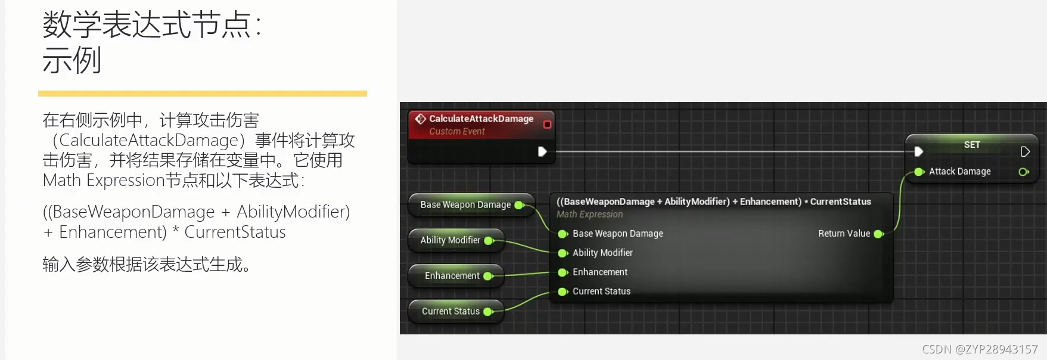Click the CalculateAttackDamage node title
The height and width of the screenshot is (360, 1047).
481,119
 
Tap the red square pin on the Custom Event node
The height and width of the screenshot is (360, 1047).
547,125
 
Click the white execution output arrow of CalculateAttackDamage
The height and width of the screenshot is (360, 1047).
542,151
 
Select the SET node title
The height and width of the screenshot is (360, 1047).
971,145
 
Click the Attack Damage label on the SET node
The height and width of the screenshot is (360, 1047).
959,172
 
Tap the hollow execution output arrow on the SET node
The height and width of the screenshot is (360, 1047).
1025,151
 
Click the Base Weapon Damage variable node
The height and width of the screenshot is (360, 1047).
465,205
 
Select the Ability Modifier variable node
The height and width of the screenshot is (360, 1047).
451,240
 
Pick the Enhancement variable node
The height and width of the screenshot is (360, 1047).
452,276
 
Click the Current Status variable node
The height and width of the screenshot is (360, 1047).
451,311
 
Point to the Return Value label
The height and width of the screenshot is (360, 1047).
844,234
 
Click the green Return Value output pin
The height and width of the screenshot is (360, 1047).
878,234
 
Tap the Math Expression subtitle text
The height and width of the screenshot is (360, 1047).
589,215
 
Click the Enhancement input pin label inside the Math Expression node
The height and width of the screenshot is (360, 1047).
600,272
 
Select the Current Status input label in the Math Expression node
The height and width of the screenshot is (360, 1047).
601,291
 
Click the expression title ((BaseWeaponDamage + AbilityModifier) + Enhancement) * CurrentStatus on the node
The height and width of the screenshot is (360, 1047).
713,201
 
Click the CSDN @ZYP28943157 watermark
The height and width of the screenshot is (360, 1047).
980,349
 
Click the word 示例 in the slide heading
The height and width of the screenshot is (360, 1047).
72,60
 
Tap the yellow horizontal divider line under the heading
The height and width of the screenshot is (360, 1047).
203,94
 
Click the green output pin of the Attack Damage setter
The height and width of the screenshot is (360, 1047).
1024,172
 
